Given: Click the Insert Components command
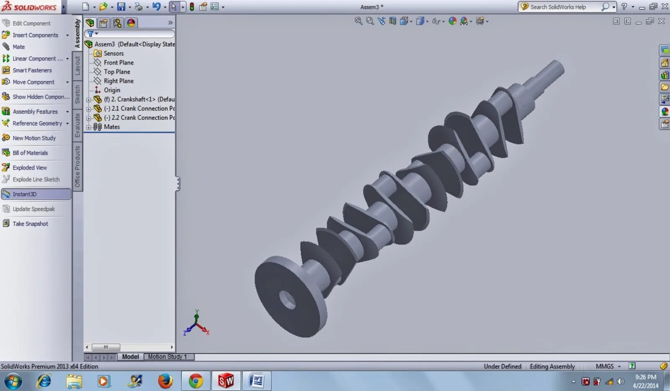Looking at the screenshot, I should [35, 35].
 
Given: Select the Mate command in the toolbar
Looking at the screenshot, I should [18, 47].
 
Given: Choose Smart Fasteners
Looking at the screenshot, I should [32, 70].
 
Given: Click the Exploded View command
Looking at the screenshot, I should [29, 168].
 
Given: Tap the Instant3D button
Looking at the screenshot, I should [24, 194].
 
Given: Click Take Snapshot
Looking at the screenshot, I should [30, 224].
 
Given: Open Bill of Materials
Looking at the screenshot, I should [30, 153].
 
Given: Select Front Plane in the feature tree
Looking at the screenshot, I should [119, 62].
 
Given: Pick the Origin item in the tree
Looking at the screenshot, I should [112, 90].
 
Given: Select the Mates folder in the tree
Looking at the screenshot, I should [111, 127].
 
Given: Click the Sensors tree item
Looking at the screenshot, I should [113, 53].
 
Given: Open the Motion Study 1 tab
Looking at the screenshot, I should [167, 357].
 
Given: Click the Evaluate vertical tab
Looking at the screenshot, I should [77, 125].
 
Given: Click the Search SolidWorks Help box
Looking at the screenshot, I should [561, 7].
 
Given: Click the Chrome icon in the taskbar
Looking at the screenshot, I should [195, 381].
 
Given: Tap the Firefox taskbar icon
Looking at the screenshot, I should [165, 381].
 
